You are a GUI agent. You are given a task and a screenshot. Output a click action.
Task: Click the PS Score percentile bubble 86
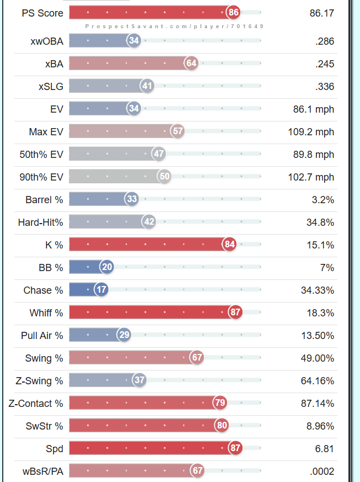[x=234, y=12]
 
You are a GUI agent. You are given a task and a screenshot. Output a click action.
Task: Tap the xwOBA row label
[x=47, y=41]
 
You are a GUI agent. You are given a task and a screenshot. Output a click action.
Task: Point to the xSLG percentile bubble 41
[x=147, y=86]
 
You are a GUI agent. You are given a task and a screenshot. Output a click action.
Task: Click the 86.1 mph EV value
[x=314, y=109]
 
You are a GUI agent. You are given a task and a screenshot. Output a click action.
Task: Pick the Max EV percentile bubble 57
[x=177, y=131]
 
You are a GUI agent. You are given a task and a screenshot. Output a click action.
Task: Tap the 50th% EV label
[x=41, y=155]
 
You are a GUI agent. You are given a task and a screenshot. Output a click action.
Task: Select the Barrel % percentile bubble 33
[x=132, y=199]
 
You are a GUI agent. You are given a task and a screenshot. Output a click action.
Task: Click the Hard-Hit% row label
[x=40, y=223]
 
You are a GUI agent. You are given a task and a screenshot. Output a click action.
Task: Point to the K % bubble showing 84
[x=230, y=245]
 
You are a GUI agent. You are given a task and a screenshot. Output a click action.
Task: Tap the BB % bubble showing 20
[x=107, y=267]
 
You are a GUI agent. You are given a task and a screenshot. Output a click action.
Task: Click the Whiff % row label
[x=46, y=313]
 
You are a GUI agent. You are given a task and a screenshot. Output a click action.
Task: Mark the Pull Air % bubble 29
[x=124, y=335]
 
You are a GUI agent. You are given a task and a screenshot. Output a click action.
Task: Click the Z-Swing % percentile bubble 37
[x=140, y=380]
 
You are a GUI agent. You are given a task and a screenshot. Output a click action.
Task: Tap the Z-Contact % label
[x=36, y=404]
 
